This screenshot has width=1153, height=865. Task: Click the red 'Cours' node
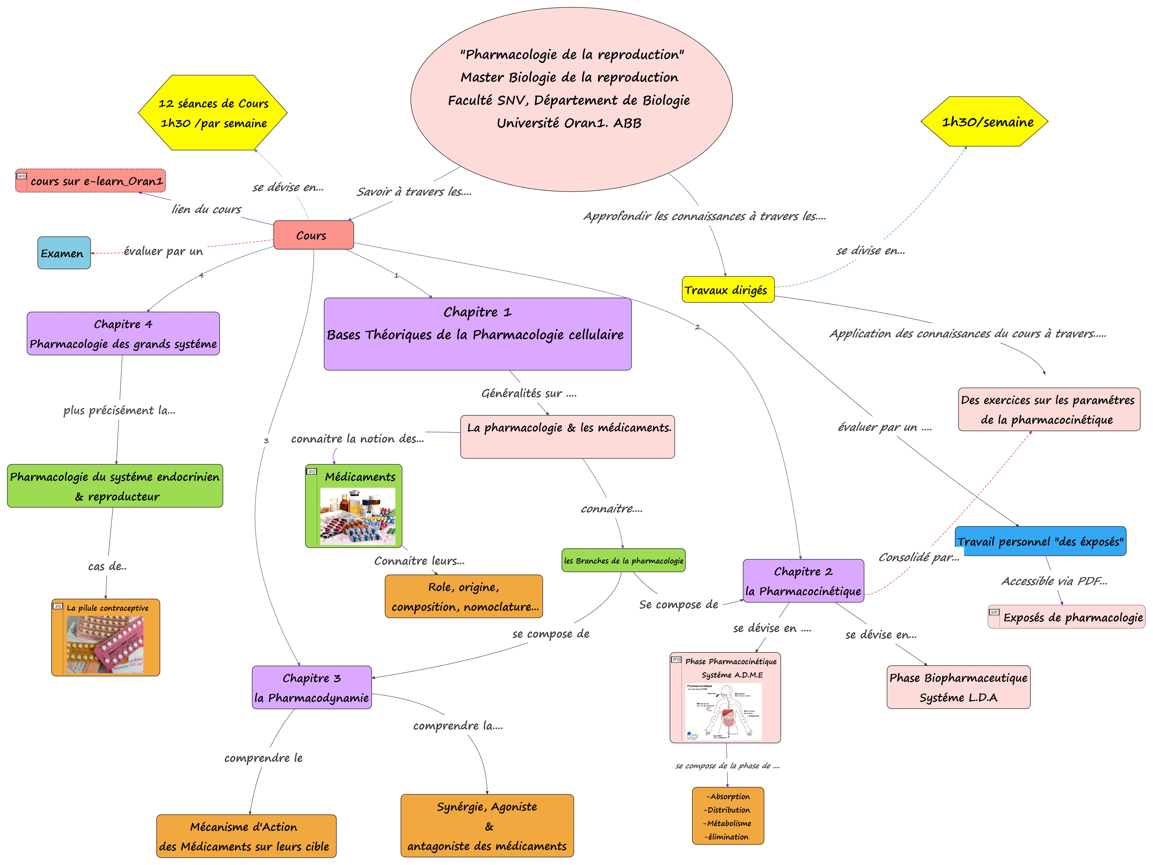click(313, 235)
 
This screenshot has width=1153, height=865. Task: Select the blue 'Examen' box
click(64, 253)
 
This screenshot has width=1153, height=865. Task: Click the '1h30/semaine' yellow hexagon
click(984, 122)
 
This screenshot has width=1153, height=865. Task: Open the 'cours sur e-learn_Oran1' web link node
click(91, 181)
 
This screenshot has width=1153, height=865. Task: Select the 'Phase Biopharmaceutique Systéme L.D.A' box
click(958, 687)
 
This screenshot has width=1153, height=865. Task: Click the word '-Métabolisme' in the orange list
click(728, 823)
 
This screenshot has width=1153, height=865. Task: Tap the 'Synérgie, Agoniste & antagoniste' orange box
click(487, 826)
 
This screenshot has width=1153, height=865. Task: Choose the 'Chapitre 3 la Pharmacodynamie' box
click(312, 688)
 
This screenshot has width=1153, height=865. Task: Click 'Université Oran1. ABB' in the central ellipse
click(569, 123)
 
